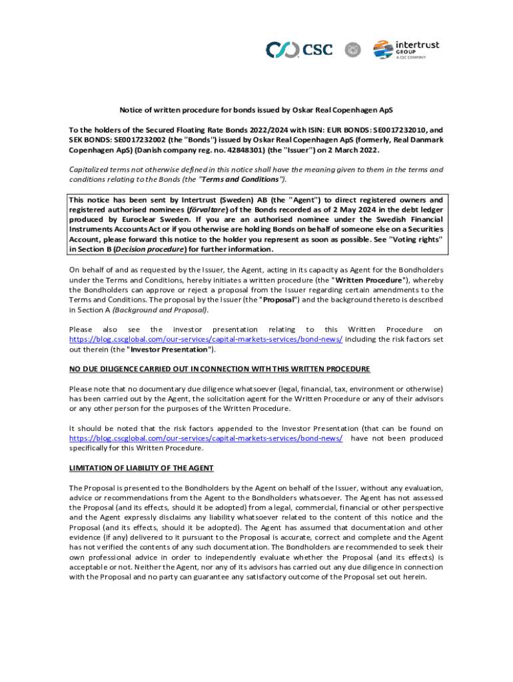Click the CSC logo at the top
[299, 49]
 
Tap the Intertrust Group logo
[406, 49]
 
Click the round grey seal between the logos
[352, 49]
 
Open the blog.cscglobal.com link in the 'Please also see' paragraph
[206, 339]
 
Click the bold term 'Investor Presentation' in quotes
[169, 349]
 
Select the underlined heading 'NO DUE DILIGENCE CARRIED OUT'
[219, 369]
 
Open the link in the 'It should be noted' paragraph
[206, 438]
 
